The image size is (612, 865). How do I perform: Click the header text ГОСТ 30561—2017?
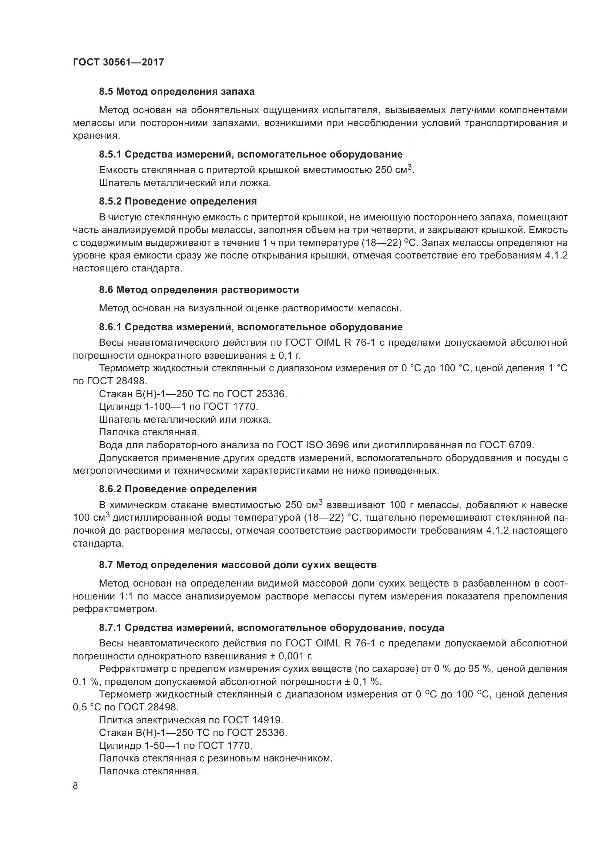pos(118,62)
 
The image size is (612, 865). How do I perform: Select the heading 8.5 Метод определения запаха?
pos(177,92)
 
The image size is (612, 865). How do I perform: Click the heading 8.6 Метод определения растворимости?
pos(199,290)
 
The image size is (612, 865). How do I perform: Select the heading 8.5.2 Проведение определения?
pos(178,201)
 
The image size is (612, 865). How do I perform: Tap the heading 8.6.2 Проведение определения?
pos(178,489)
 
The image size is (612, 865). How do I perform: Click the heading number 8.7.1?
pos(110,628)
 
